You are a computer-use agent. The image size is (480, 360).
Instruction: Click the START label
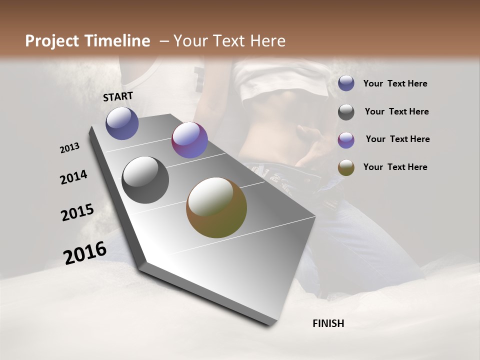coord(118,96)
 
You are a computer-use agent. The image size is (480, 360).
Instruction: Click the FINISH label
coord(328,323)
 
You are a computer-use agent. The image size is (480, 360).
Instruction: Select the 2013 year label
coord(69,148)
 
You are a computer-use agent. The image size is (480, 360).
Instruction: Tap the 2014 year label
coord(73,177)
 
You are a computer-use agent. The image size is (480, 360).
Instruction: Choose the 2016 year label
coord(84,252)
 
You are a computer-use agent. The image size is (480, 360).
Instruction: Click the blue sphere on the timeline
coord(122,123)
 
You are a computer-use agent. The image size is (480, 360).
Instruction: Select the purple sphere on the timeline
coord(189,140)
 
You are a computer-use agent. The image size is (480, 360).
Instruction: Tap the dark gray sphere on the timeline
coord(145,180)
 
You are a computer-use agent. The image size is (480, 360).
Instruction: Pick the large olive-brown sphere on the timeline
coord(216,207)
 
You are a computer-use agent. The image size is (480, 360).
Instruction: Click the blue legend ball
coord(346,83)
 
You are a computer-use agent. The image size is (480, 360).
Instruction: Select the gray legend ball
coord(346,112)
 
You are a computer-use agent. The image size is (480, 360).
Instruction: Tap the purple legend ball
coord(346,140)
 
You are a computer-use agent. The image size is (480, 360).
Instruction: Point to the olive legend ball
coord(346,167)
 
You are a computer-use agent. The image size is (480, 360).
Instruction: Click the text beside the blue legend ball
coord(395,83)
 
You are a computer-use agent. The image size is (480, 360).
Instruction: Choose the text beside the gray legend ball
coord(396,111)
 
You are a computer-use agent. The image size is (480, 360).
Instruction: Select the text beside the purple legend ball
coord(397,139)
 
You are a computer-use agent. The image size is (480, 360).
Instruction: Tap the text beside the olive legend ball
coord(395,167)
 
